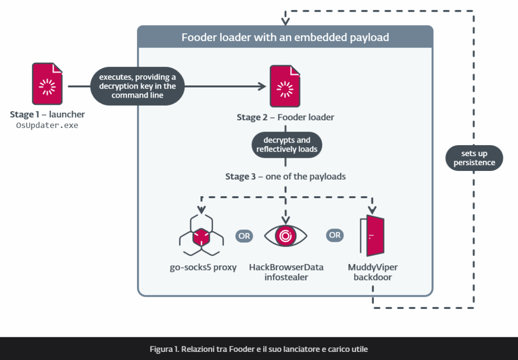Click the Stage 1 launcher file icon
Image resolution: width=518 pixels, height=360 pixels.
tap(48, 84)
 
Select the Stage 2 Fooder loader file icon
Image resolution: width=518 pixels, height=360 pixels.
tap(286, 86)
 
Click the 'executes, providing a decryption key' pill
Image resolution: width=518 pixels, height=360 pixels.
tap(137, 86)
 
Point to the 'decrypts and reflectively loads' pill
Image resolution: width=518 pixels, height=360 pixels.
tap(286, 145)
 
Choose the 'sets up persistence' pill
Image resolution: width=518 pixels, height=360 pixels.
tap(474, 158)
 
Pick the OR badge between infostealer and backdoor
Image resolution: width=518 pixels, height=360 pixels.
tap(335, 236)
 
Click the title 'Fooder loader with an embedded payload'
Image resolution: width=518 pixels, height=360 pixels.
tap(285, 37)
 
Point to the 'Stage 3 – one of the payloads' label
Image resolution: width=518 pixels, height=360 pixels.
tap(286, 177)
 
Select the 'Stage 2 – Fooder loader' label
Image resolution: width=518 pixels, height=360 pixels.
tap(285, 117)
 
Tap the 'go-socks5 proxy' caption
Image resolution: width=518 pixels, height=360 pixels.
tap(203, 267)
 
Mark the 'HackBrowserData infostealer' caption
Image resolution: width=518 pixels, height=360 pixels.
tap(286, 272)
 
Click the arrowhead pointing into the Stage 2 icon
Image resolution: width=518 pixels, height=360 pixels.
tap(262, 86)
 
